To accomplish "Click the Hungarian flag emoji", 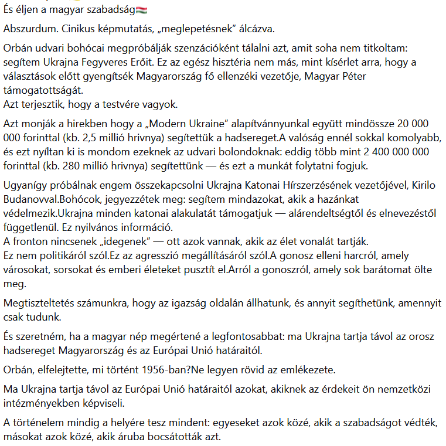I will (x=141, y=10).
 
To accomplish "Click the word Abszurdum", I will (x=27, y=29).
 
